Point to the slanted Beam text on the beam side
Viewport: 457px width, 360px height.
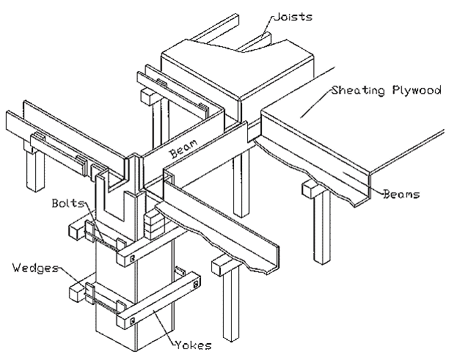pos(183,150)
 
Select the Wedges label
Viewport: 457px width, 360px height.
pos(33,268)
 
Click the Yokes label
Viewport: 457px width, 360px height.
pos(195,343)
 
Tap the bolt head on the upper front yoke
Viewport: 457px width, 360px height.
pos(131,257)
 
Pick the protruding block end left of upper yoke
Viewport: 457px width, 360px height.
pos(76,231)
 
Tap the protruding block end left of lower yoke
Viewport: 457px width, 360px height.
pos(77,293)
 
